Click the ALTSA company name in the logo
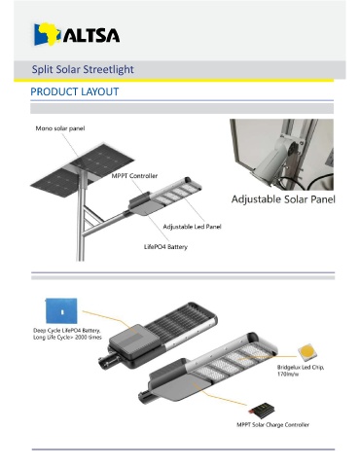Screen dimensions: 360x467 coord(91,35)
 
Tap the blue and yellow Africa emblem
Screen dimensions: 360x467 coord(47,34)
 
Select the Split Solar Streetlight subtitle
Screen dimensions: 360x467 coord(83,69)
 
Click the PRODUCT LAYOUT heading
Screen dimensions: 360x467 coord(75,91)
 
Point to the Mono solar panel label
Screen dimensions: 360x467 coord(60,128)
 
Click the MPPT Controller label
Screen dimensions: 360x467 coord(134,176)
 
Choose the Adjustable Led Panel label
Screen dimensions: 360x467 coord(192,227)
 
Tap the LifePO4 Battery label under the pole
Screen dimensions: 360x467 coord(165,247)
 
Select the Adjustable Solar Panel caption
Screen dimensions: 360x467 coord(283,199)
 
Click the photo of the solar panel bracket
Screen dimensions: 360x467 coord(281,155)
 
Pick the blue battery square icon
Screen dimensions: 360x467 coord(61,311)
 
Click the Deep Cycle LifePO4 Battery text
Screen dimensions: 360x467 coord(67,334)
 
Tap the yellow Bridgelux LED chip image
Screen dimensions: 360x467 coord(307,352)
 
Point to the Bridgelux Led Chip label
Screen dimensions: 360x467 coord(301,371)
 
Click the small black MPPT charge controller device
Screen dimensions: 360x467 coord(263,410)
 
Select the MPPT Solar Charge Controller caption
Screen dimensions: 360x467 coord(272,424)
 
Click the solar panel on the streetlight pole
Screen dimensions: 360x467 coord(83,170)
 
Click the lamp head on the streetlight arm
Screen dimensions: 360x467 coord(165,196)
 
